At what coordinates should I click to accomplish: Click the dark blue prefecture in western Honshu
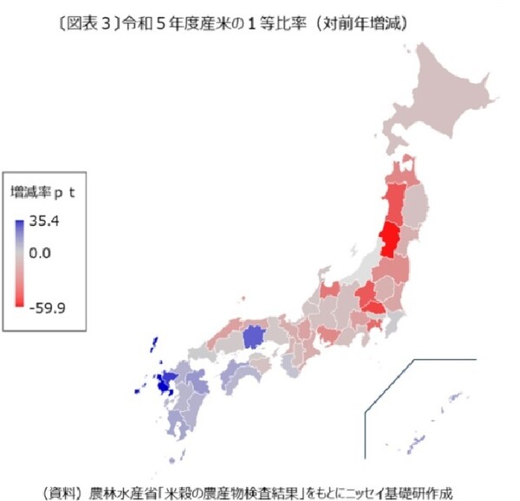point(254,337)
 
